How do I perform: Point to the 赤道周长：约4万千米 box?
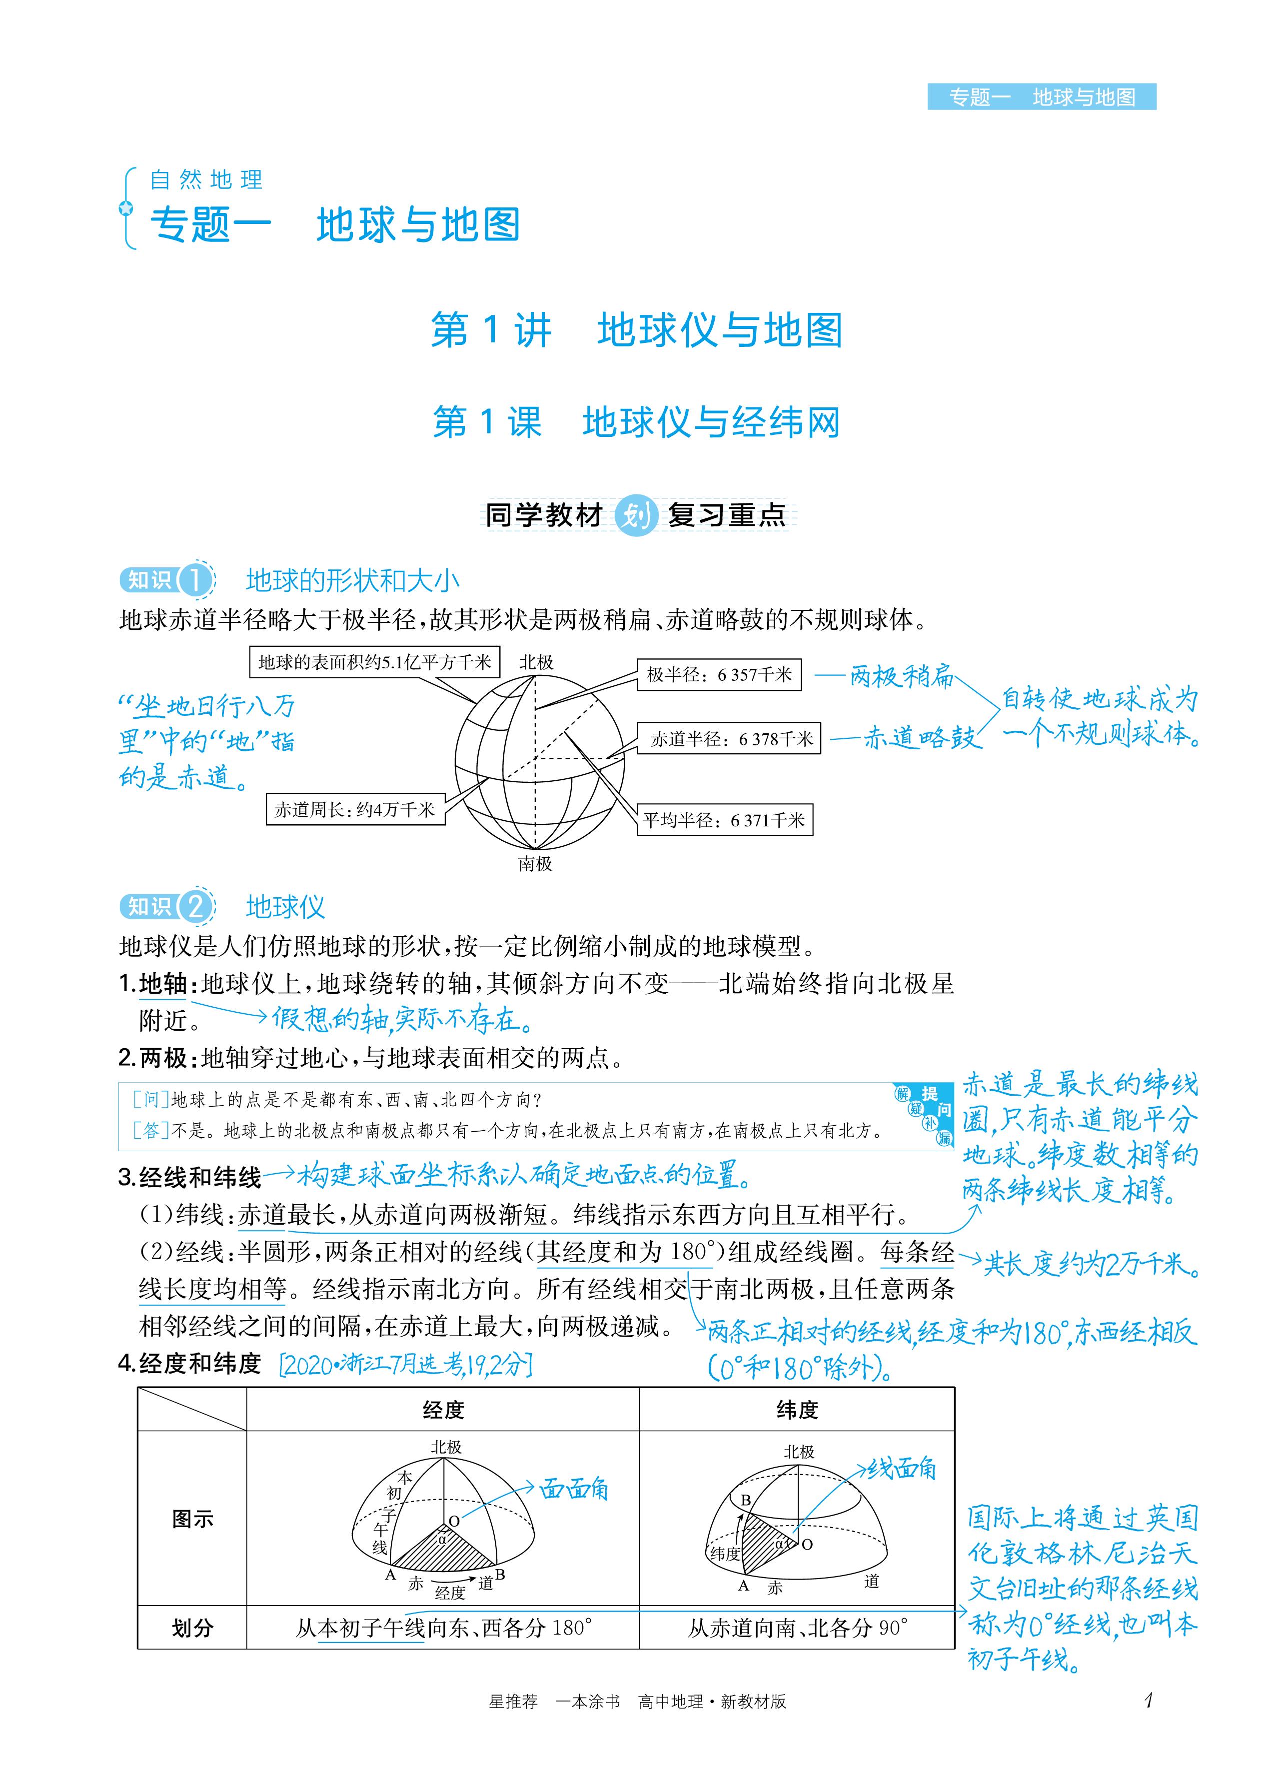pos(355,809)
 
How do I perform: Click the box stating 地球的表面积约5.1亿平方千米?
pos(374,662)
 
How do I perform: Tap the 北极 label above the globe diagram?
pos(536,662)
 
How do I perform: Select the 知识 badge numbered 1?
pos(165,580)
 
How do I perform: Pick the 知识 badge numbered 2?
pos(165,907)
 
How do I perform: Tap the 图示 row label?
pos(192,1519)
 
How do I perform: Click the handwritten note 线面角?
pos(901,1469)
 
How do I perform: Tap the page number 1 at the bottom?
pos(1149,1701)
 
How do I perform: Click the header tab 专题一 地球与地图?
pos(1041,97)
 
